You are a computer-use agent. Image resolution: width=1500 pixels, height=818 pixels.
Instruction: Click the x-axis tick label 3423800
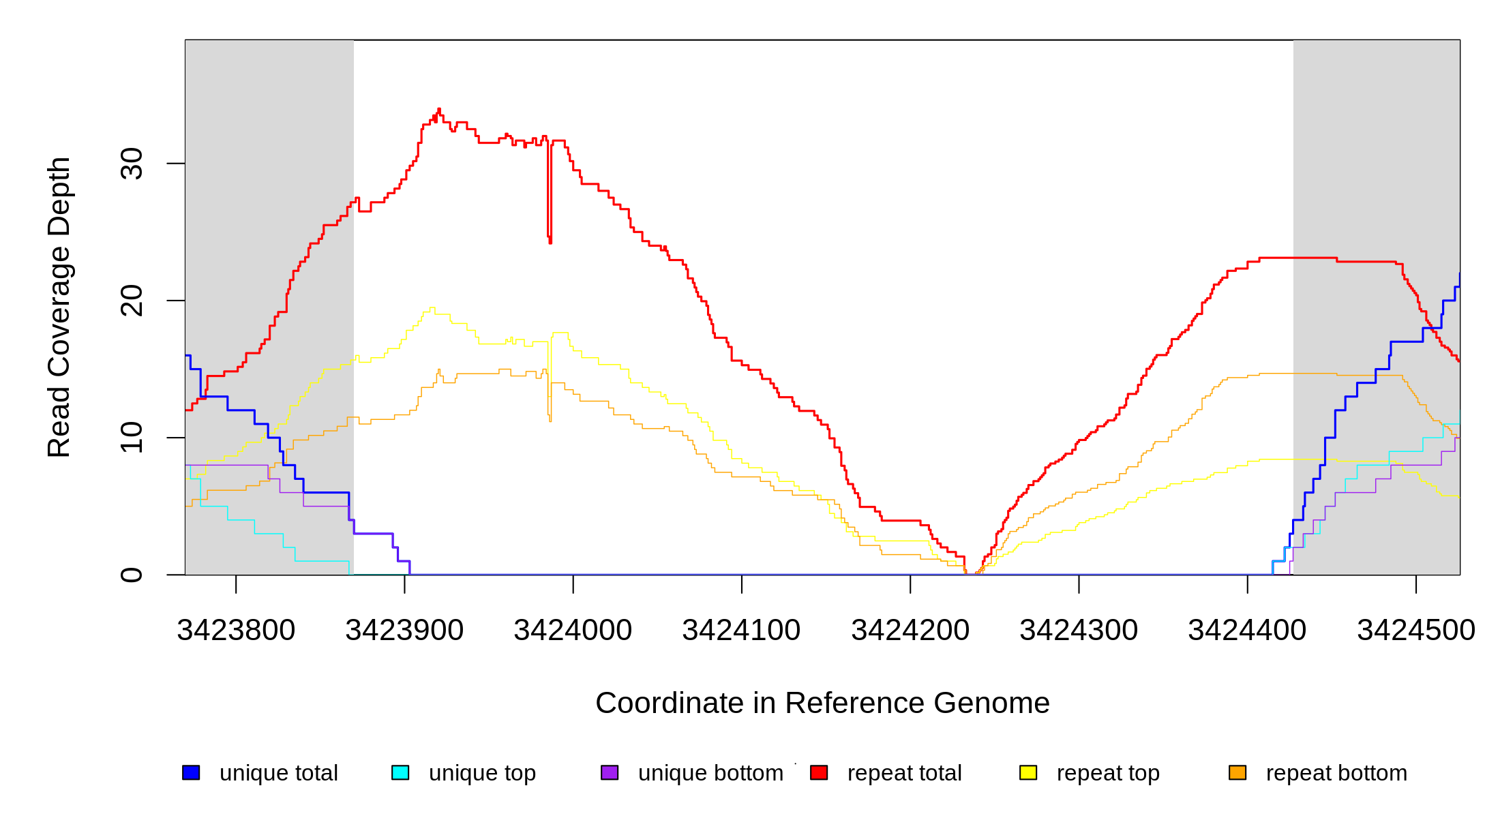(236, 631)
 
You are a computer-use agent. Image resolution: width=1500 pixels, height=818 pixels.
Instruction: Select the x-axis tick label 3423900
(404, 631)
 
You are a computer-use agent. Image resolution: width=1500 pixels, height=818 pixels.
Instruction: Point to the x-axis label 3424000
(573, 631)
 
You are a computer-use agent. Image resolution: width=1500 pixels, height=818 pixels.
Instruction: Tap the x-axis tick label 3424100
(741, 631)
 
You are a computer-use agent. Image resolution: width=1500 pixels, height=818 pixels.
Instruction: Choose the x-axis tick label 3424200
(910, 631)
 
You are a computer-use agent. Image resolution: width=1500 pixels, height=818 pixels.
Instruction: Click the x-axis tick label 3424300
(1079, 631)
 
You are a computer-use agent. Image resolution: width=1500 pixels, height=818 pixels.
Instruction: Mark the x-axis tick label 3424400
(1247, 631)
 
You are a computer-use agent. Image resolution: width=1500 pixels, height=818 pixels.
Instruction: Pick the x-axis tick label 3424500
(1416, 631)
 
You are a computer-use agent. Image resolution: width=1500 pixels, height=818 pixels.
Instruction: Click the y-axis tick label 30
(132, 164)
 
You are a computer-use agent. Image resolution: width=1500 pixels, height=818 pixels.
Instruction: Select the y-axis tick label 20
(132, 301)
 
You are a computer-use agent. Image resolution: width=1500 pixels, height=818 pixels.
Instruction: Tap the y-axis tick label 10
(132, 438)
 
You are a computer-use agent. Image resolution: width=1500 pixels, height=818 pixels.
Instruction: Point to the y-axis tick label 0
(132, 575)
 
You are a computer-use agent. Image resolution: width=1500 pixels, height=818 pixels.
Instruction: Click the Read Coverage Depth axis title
(59, 307)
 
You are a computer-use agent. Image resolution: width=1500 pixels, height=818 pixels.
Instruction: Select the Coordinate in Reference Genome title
(822, 703)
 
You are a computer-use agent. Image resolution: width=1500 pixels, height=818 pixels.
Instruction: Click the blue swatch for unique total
(191, 772)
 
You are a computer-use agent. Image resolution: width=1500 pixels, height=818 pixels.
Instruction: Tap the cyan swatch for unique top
(400, 772)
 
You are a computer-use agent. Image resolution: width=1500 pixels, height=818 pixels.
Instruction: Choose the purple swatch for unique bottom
(610, 772)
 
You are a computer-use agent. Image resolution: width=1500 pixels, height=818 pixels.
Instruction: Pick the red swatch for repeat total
(819, 772)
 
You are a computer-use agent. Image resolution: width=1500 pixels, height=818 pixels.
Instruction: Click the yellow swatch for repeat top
(1028, 772)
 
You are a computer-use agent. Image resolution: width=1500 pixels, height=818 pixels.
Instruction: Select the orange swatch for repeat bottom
(1237, 772)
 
